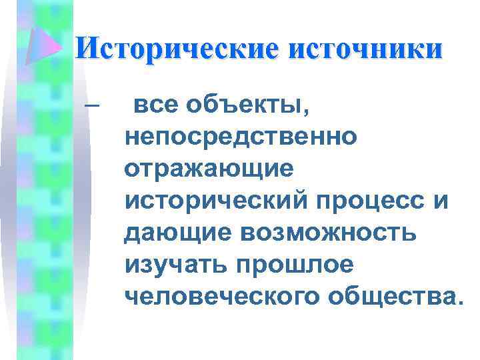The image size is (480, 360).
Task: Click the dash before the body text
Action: click(x=91, y=106)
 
